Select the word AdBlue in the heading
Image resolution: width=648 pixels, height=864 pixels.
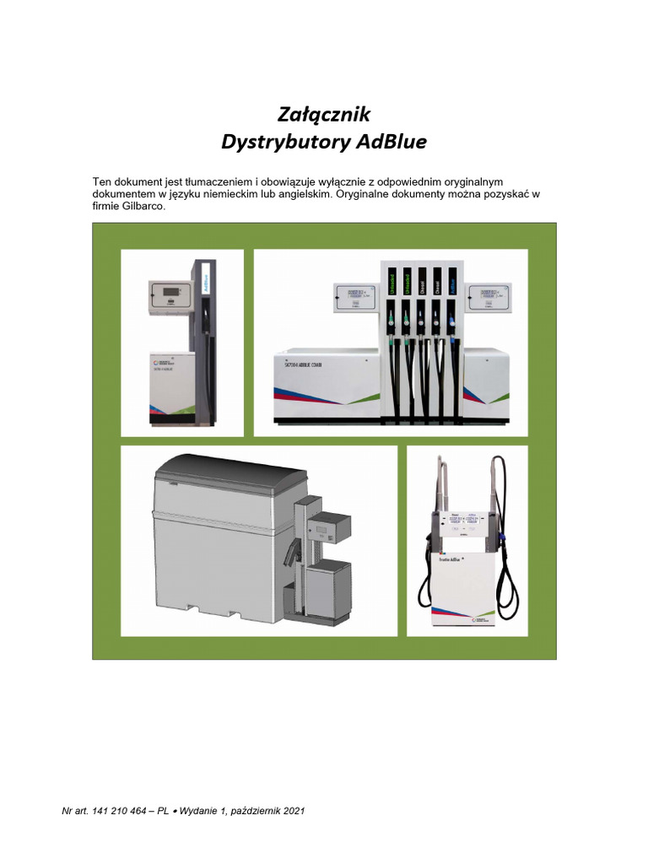point(391,141)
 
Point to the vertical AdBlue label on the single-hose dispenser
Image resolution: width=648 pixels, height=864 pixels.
point(206,283)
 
